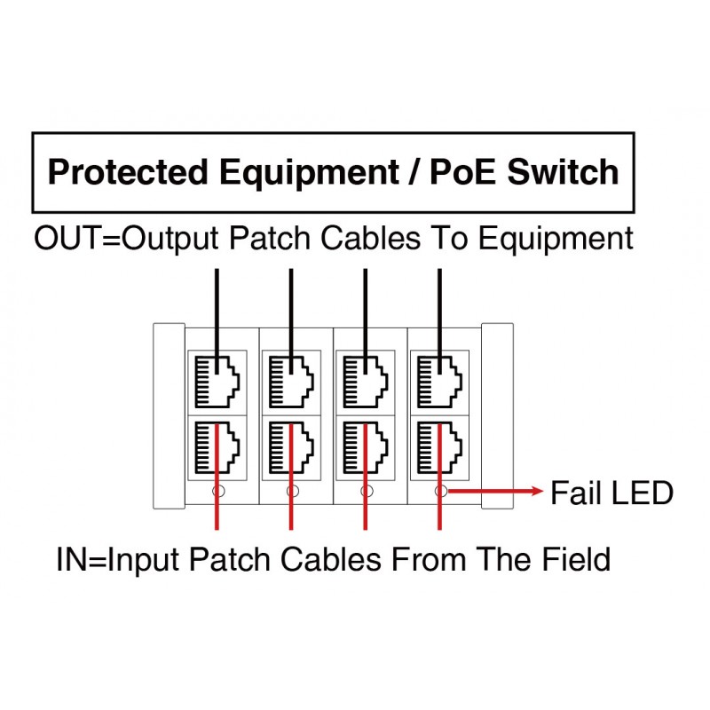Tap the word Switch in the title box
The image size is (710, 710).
(562, 172)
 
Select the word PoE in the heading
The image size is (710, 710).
(463, 172)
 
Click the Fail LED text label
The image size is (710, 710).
(611, 492)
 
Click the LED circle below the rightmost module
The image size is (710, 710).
(439, 490)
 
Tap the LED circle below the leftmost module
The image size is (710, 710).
(218, 490)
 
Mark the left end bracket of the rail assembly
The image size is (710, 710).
(169, 416)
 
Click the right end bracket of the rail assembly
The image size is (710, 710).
(497, 416)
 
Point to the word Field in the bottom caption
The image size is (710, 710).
(574, 560)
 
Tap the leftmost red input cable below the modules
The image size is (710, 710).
(217, 515)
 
